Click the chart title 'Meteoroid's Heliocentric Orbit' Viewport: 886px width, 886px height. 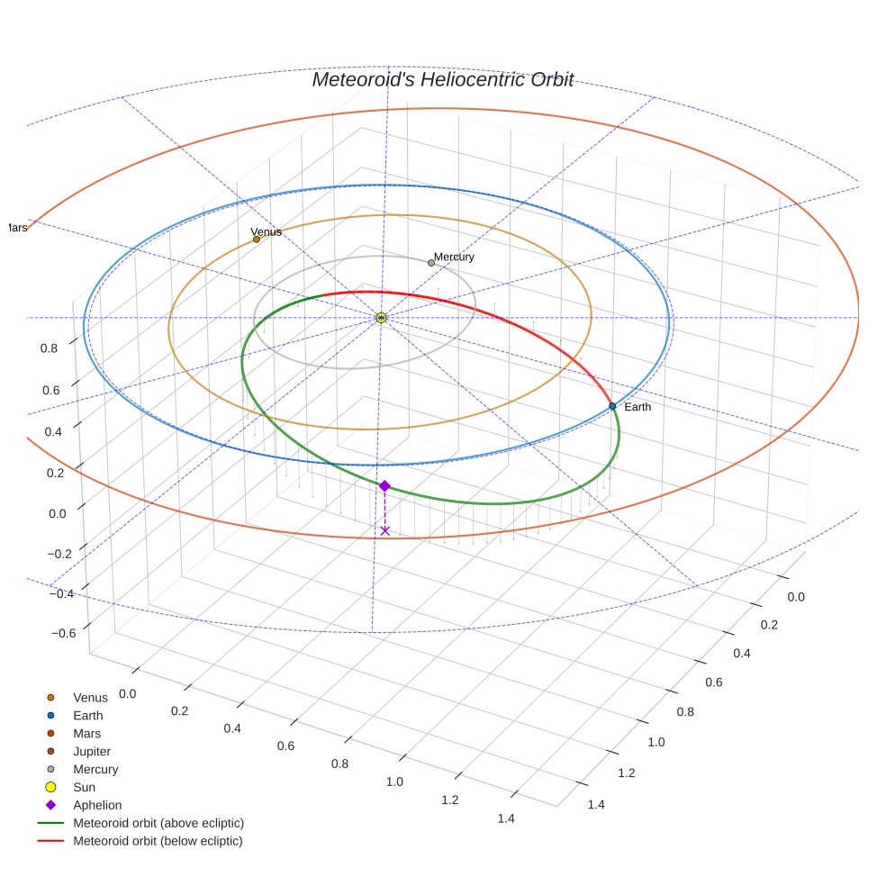click(442, 79)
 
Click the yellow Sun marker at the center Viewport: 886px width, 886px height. click(381, 318)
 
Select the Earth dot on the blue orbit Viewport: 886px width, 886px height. click(612, 406)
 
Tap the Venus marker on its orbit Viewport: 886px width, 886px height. click(257, 240)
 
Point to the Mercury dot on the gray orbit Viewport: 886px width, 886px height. click(431, 263)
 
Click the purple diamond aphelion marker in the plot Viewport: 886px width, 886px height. click(384, 486)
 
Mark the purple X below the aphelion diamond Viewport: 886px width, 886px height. click(385, 530)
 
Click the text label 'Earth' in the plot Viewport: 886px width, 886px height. click(637, 407)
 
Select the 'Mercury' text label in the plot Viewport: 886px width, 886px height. click(454, 257)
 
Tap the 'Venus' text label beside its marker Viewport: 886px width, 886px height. click(266, 231)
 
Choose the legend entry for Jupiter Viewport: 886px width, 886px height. click(92, 751)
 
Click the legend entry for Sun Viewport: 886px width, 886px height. click(84, 787)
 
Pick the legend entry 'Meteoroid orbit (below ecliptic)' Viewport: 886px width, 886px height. click(158, 841)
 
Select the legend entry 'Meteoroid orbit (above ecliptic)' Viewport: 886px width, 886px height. click(158, 823)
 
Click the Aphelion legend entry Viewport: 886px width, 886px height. click(97, 805)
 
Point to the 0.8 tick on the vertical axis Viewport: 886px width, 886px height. click(50, 348)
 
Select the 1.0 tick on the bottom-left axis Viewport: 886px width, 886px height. click(394, 781)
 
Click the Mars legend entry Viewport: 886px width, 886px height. click(87, 733)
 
